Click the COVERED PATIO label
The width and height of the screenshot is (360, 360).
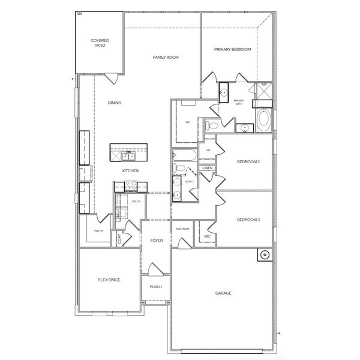[x=100, y=43]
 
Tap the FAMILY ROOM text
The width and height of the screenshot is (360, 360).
[x=166, y=57]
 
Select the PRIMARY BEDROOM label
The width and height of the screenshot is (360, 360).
[x=233, y=49]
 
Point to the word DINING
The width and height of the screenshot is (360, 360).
[x=115, y=103]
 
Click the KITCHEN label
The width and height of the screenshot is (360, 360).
[x=131, y=171]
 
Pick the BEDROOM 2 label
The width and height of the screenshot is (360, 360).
[x=248, y=162]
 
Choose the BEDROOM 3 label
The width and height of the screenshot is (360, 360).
[x=248, y=220]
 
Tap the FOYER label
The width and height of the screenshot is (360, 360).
[x=157, y=241]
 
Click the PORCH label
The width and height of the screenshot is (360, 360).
[x=156, y=287]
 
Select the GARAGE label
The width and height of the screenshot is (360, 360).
[x=223, y=293]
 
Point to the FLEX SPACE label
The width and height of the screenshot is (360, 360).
[x=109, y=280]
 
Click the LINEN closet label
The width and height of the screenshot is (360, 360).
[x=207, y=168]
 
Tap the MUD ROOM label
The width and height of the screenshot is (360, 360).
[x=182, y=229]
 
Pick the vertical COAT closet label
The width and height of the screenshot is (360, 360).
[x=119, y=238]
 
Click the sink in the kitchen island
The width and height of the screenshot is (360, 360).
[x=128, y=157]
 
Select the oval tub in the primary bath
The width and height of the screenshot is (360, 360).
[x=264, y=121]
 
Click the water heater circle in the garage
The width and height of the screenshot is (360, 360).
[x=263, y=254]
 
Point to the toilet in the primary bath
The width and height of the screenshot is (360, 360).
[x=212, y=126]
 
